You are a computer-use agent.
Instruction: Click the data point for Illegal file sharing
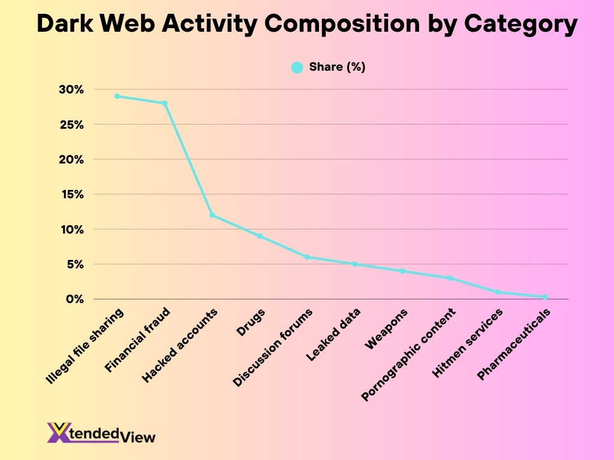pyautogui.click(x=118, y=96)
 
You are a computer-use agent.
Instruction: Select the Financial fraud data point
pyautogui.click(x=165, y=103)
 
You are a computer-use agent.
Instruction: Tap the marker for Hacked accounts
pyautogui.click(x=212, y=215)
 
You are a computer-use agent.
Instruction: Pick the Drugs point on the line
pyautogui.click(x=260, y=236)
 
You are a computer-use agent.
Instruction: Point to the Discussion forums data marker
pyautogui.click(x=307, y=257)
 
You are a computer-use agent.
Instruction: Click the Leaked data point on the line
pyautogui.click(x=355, y=264)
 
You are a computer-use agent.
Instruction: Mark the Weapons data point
pyautogui.click(x=402, y=271)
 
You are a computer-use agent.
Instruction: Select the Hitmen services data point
pyautogui.click(x=498, y=292)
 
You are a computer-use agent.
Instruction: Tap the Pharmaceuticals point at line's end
pyautogui.click(x=545, y=296)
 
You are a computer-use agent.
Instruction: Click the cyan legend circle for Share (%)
pyautogui.click(x=297, y=68)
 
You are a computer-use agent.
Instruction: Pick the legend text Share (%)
pyautogui.click(x=337, y=67)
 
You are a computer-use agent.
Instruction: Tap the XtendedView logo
pyautogui.click(x=101, y=432)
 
